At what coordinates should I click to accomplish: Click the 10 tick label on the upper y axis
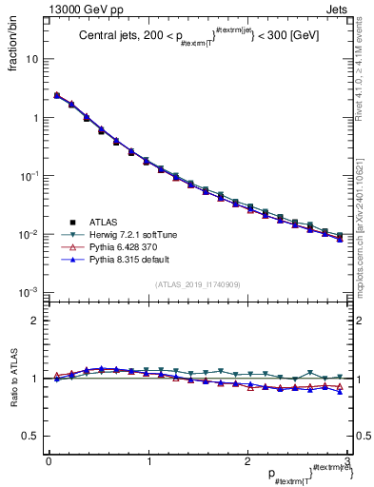click(32, 59)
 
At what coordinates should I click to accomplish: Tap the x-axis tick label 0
click(49, 460)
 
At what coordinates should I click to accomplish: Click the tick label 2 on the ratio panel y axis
click(35, 321)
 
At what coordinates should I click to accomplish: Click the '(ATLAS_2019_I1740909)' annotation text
click(198, 284)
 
